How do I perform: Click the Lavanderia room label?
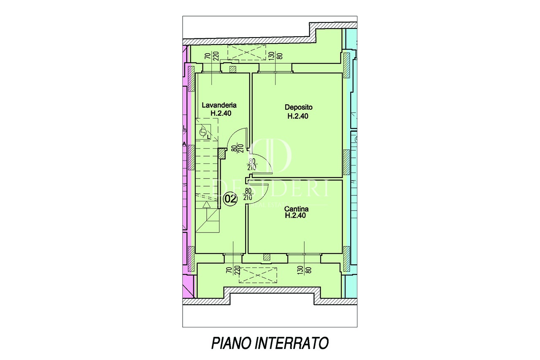(x=219, y=105)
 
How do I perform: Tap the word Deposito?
(x=298, y=108)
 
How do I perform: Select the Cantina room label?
(x=296, y=208)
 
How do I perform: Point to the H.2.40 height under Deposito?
(x=298, y=116)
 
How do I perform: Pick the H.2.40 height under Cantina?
(x=295, y=216)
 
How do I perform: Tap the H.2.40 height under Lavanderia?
(x=221, y=113)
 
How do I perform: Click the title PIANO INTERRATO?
(x=270, y=343)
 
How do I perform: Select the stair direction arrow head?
(x=206, y=205)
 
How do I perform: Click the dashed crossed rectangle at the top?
(x=245, y=53)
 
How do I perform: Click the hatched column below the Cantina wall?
(x=266, y=257)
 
